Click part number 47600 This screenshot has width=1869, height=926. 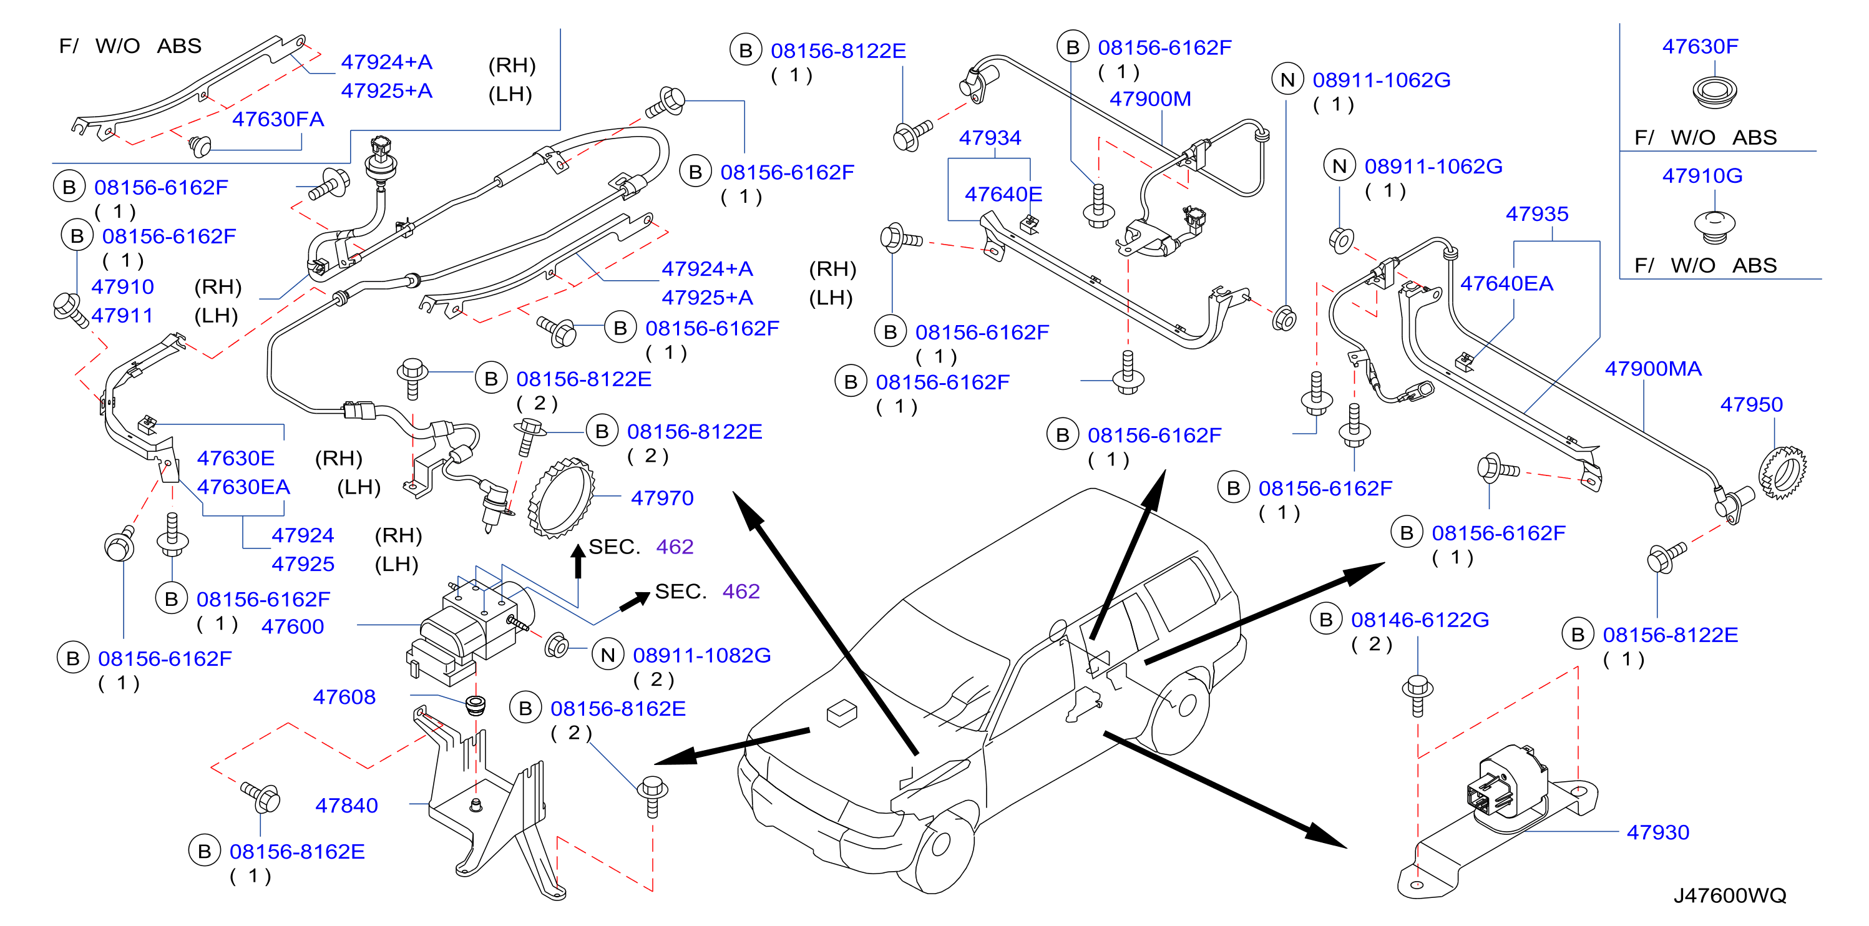coord(293,626)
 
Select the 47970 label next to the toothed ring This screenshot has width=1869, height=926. coord(661,498)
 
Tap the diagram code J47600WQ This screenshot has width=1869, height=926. coord(1730,895)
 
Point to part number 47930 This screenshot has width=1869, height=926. coord(1658,832)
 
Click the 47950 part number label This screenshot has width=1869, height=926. coord(1750,404)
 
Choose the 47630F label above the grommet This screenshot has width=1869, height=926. coord(1700,46)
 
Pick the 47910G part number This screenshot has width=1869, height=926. coord(1702,175)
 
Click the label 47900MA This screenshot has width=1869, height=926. coord(1653,369)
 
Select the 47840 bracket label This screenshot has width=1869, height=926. coord(346,806)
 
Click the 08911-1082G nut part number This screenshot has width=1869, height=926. coord(701,655)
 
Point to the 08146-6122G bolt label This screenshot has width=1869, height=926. coord(1420,620)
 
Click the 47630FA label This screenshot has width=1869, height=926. coord(278,119)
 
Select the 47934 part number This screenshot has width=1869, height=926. coord(990,138)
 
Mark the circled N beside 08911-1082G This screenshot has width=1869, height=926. coord(608,655)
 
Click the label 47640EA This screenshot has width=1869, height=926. coord(1506,284)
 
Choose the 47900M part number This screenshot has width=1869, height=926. coord(1150,99)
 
